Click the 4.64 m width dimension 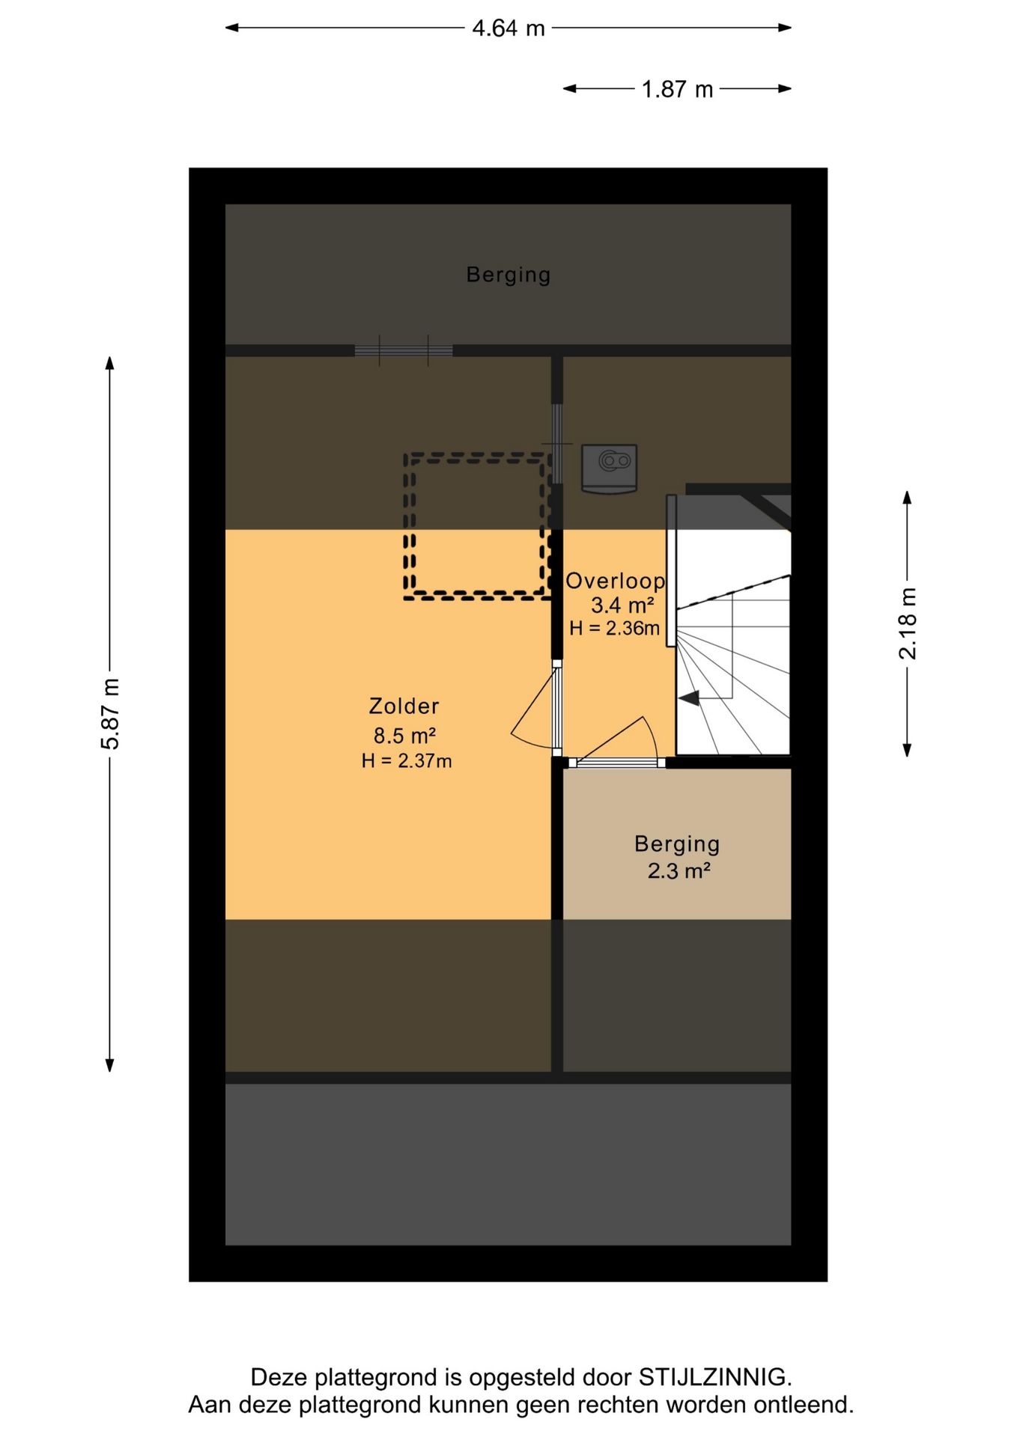[508, 28]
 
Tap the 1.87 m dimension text [677, 90]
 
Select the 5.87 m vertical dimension [110, 713]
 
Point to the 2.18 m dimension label [908, 623]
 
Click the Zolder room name [404, 706]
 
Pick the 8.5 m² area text [404, 735]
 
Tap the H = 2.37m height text [407, 761]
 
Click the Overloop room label [615, 581]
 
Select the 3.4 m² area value [622, 605]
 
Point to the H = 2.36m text [614, 629]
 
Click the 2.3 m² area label [678, 871]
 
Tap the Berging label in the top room [508, 275]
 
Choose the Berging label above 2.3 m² [677, 844]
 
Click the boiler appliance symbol [610, 469]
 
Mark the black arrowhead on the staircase [689, 698]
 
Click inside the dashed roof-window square [477, 526]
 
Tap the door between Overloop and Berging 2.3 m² [617, 763]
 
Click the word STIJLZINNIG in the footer [714, 1377]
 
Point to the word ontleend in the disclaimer [803, 1405]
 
